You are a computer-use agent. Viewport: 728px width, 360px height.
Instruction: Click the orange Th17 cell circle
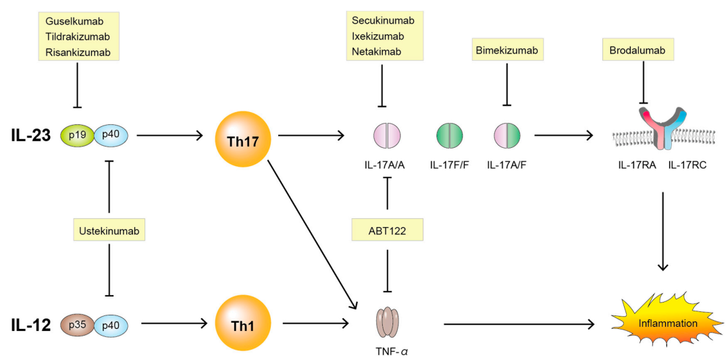(x=242, y=136)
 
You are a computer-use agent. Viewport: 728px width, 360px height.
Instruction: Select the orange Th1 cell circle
(x=242, y=324)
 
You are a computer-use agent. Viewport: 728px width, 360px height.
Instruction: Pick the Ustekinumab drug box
(x=109, y=232)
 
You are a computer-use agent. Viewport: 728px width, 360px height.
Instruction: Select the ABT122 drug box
(x=387, y=232)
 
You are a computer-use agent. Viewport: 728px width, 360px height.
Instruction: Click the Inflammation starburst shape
(x=660, y=324)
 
